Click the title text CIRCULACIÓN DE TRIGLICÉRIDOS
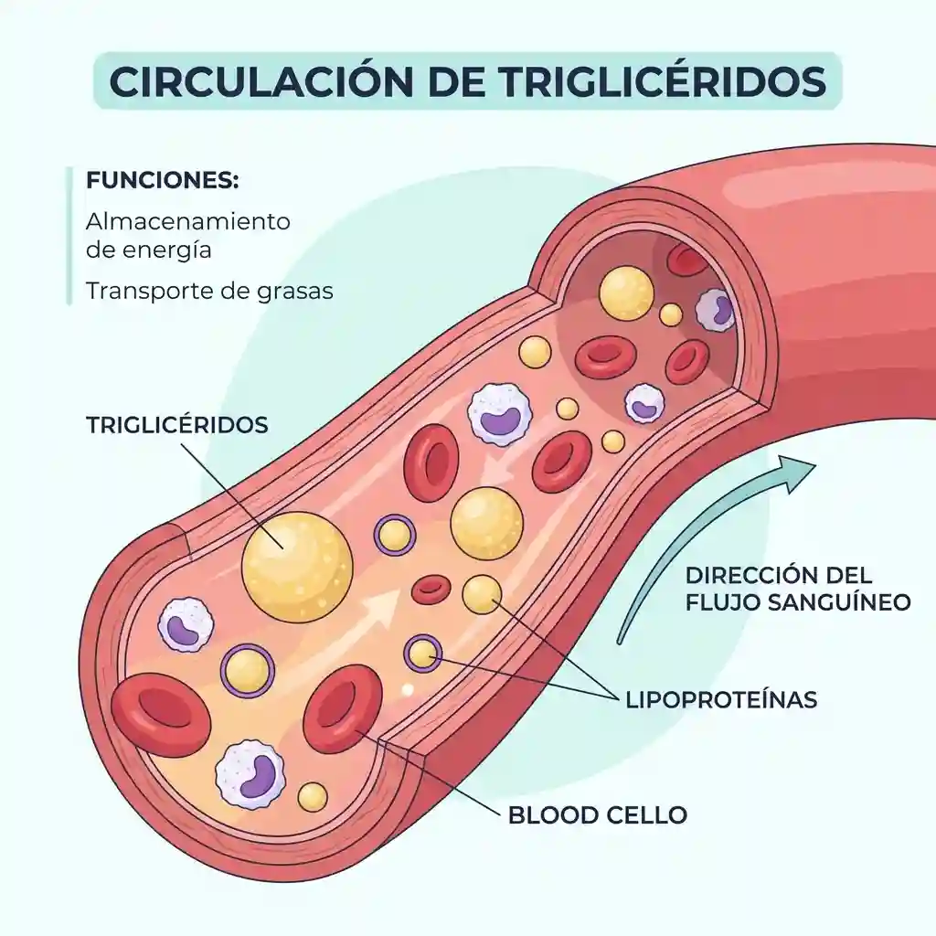click(467, 80)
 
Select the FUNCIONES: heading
click(162, 180)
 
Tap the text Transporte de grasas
click(209, 291)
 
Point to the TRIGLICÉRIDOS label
click(177, 426)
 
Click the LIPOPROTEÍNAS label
click(721, 700)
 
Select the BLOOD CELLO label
click(597, 814)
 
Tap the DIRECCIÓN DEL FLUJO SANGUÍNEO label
click(798, 589)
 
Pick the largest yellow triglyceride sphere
click(296, 567)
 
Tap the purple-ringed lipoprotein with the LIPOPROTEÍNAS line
click(421, 652)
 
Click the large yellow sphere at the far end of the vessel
click(626, 293)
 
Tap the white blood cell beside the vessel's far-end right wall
click(716, 309)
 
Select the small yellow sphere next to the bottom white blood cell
click(313, 797)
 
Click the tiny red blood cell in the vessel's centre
click(431, 590)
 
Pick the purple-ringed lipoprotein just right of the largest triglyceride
click(395, 534)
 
